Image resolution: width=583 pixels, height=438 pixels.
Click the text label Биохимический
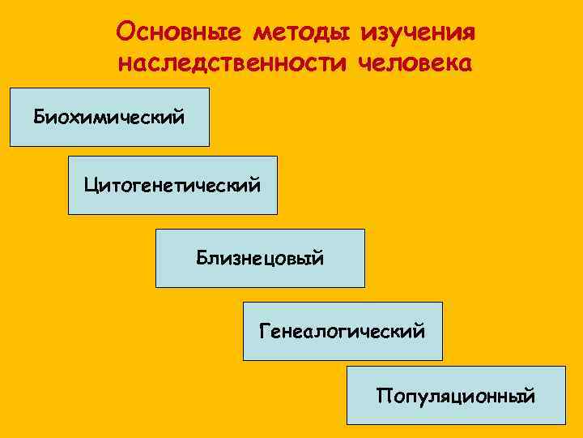click(109, 118)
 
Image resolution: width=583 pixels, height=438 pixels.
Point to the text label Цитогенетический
click(172, 185)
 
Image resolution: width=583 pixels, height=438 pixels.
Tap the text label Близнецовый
click(260, 259)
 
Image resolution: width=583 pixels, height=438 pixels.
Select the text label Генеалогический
click(343, 331)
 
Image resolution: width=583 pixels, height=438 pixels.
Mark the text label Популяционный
click(456, 397)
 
